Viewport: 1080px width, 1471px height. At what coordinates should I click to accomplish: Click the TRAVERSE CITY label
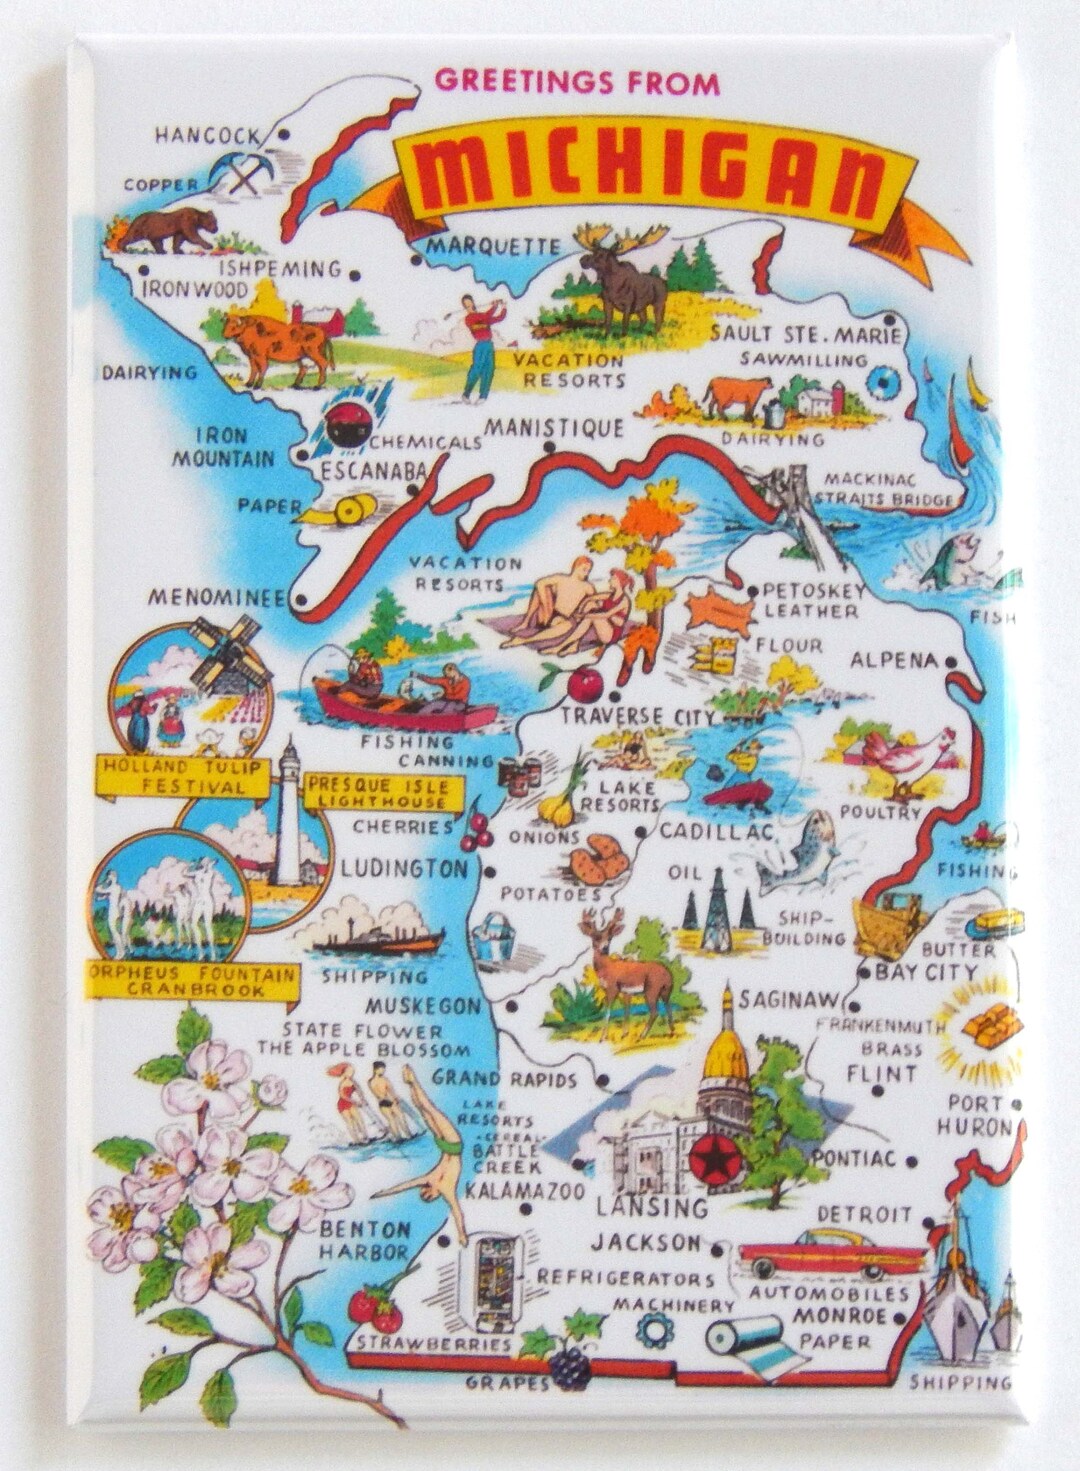coord(637,716)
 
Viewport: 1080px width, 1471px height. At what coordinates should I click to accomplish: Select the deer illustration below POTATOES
coord(625,965)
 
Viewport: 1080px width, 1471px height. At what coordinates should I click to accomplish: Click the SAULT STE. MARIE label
coord(806,335)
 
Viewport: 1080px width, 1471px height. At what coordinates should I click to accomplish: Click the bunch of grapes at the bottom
coord(570,1366)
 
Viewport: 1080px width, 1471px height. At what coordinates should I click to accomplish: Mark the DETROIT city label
coord(864,1214)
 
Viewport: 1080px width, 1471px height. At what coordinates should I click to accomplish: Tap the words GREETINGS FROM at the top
coord(577,82)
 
